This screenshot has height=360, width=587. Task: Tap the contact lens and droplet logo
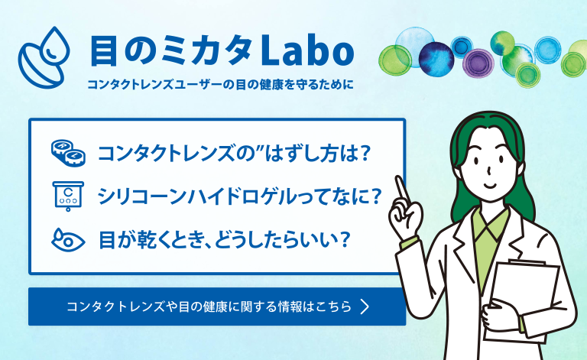tap(44, 57)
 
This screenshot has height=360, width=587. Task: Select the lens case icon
tap(68, 153)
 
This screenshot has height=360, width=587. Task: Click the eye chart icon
tap(68, 196)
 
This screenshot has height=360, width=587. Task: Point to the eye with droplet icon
tap(68, 240)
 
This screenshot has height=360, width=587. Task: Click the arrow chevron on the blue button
tap(365, 306)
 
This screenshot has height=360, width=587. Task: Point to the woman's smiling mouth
tap(491, 186)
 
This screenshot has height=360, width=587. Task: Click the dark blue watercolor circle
tap(436, 60)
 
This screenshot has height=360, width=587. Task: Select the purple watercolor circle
tap(478, 63)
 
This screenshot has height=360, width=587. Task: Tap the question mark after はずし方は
tap(363, 153)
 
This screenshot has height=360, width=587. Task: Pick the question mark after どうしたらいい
tap(342, 240)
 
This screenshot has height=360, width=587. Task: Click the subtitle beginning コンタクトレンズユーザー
tap(220, 85)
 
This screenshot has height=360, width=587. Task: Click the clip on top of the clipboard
tap(527, 262)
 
